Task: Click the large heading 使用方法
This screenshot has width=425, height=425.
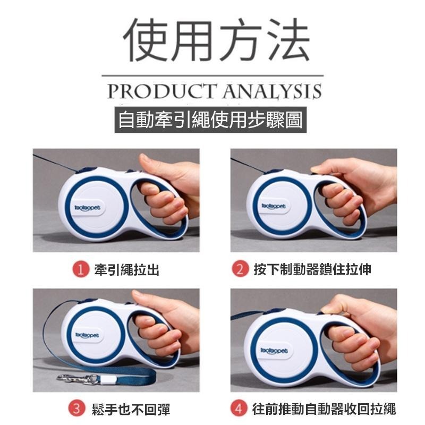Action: tap(216, 40)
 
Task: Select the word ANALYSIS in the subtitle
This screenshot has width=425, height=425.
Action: tap(273, 91)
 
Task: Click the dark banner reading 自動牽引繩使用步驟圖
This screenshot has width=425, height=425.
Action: tap(210, 120)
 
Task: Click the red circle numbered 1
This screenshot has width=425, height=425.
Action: tap(80, 269)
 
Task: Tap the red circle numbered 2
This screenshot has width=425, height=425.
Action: tap(240, 269)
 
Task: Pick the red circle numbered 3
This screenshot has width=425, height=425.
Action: tap(76, 409)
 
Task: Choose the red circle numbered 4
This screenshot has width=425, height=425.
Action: tap(239, 408)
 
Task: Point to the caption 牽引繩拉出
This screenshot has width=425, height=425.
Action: tap(126, 270)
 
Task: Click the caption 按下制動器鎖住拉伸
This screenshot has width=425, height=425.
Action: tap(312, 269)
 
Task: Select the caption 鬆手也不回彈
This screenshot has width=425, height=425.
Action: tap(131, 409)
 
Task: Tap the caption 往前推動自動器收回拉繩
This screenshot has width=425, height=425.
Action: tap(324, 409)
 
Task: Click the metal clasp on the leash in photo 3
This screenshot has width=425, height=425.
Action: tap(76, 378)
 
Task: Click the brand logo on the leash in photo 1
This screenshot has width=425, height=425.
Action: tap(87, 208)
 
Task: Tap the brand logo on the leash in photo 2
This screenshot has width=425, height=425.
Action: tap(274, 206)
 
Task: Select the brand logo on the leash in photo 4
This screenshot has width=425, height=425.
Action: tap(274, 351)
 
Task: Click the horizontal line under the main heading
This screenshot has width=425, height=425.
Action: tap(213, 75)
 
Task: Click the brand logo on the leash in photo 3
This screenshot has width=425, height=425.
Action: tap(87, 336)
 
